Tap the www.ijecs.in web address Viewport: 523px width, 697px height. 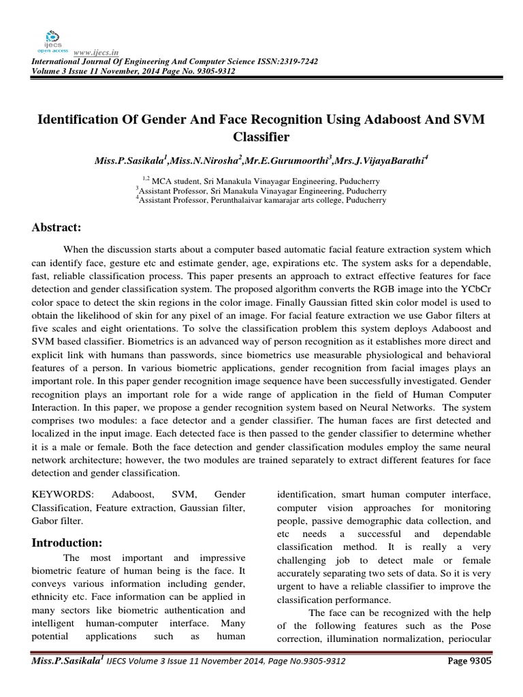pos(93,51)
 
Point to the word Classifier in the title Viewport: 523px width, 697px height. pos(261,137)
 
